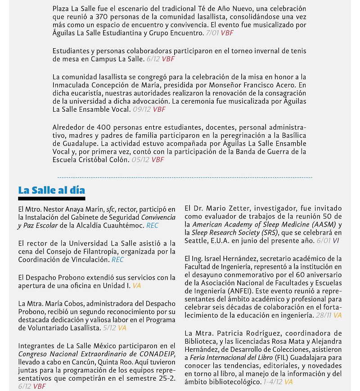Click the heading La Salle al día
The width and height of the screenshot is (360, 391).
click(x=51, y=190)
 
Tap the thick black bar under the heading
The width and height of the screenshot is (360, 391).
click(x=51, y=198)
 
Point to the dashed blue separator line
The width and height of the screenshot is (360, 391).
click(x=184, y=177)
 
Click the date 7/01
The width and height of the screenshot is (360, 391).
click(x=212, y=33)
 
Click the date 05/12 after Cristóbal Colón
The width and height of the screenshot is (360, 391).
click(x=140, y=160)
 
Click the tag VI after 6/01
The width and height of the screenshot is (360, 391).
click(x=336, y=241)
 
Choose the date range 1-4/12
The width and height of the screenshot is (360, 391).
click(x=272, y=382)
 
